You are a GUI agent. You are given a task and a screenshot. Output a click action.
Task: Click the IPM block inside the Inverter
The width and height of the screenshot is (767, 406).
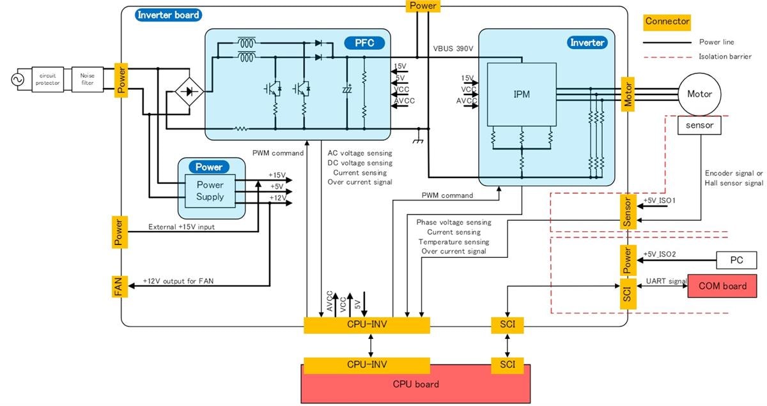click(521, 94)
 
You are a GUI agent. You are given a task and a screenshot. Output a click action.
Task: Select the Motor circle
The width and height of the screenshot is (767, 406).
click(699, 94)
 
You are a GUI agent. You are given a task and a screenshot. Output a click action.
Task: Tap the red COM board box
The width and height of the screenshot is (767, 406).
click(722, 286)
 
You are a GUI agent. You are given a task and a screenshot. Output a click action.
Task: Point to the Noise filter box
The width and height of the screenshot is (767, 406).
click(88, 79)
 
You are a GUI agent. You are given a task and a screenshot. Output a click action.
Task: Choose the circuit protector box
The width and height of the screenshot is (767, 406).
click(48, 79)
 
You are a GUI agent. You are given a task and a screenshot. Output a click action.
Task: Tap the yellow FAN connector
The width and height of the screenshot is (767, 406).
click(120, 286)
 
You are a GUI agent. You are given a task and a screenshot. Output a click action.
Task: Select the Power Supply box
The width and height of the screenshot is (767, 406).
click(210, 190)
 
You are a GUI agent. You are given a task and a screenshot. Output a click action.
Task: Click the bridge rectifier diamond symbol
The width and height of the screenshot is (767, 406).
click(189, 92)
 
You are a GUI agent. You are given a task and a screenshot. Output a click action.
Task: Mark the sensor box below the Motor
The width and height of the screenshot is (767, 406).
click(699, 125)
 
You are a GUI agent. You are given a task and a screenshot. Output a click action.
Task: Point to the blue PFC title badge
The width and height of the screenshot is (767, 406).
click(364, 43)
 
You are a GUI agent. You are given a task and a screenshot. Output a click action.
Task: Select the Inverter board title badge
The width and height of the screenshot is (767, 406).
click(169, 15)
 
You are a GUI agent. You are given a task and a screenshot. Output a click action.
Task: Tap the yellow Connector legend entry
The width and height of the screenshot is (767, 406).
click(667, 22)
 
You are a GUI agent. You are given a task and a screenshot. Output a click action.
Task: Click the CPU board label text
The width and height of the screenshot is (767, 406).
click(415, 384)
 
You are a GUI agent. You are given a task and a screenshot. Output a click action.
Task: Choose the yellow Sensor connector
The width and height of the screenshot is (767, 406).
click(628, 213)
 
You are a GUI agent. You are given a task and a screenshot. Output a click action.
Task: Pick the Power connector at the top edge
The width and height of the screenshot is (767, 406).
click(422, 6)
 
